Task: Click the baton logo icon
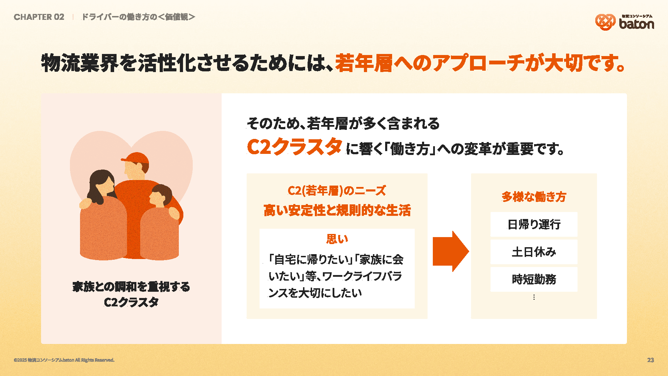point(605,22)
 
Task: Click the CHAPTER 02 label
point(39,17)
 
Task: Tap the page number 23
point(651,360)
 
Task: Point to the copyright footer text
point(64,360)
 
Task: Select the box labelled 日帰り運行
point(534,224)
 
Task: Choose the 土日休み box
point(534,252)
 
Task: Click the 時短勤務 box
point(534,279)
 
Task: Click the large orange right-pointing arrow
point(451,251)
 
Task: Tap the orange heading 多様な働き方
point(534,197)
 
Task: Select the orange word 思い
point(337,239)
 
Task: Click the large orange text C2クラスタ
point(294,146)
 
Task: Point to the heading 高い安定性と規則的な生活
point(337,210)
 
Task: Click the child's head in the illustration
point(160,196)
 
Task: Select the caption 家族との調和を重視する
point(131,287)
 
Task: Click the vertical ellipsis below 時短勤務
point(534,297)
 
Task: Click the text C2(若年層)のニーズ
point(337,191)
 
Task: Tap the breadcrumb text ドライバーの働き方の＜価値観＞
point(138,17)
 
